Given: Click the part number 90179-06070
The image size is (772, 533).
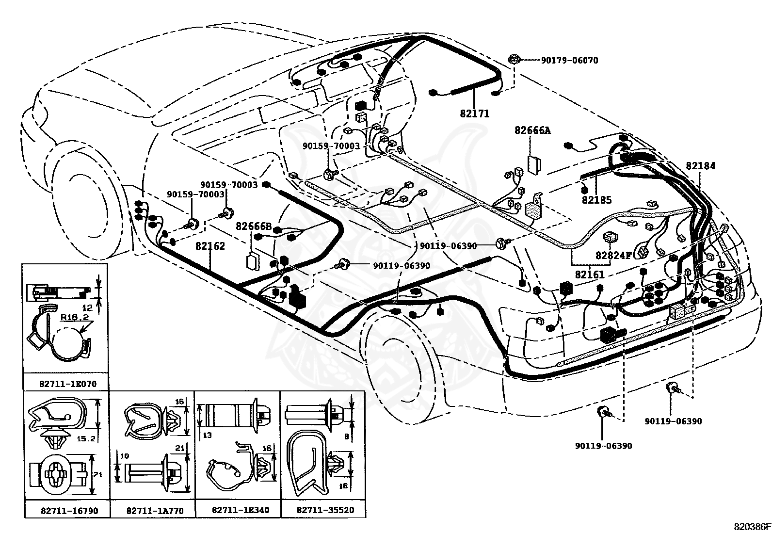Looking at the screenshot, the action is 569,60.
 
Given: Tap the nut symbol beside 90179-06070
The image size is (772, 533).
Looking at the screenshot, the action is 514,59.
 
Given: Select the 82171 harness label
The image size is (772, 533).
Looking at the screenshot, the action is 475,113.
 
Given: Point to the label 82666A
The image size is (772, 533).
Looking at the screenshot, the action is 532,130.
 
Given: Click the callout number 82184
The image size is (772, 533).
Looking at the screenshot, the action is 700,166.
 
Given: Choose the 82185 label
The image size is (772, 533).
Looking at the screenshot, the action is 596,200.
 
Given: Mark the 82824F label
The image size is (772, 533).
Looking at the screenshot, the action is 613,256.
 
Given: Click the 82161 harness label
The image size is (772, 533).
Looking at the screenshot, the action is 590,275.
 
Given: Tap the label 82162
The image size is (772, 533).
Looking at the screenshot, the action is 210,246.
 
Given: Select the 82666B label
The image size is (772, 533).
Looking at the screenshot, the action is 254,226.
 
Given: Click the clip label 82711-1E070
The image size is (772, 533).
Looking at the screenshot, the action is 68,384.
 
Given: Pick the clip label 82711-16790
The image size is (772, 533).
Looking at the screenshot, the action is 70,511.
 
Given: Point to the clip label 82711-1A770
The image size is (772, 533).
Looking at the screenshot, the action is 155,511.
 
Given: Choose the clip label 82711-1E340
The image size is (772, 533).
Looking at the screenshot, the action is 241,510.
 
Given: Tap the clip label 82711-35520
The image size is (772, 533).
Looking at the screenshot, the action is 325,510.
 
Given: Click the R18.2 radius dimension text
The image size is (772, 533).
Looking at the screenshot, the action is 75,317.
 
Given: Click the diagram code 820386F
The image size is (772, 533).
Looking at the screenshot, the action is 752,527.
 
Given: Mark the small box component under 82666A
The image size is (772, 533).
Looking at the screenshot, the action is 534,165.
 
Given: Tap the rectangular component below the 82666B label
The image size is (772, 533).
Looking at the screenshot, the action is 253,262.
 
